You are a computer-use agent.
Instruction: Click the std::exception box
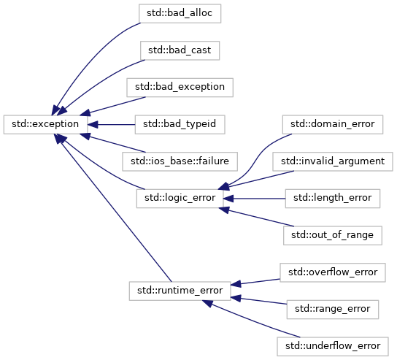click(x=45, y=124)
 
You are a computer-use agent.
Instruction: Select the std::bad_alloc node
click(x=180, y=13)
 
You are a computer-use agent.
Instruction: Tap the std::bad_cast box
click(x=180, y=50)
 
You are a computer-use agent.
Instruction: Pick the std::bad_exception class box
click(x=180, y=88)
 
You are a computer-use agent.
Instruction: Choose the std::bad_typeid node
click(x=180, y=124)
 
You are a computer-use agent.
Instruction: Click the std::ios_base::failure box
click(x=180, y=161)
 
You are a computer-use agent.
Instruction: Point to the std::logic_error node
click(x=180, y=199)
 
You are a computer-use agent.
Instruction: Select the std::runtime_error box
click(x=180, y=291)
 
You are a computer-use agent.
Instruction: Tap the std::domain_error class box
click(x=333, y=124)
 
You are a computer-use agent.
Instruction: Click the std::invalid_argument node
click(x=333, y=161)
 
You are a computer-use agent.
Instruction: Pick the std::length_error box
click(x=333, y=199)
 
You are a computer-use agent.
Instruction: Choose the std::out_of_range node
click(x=333, y=235)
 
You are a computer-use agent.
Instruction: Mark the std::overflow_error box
click(x=333, y=272)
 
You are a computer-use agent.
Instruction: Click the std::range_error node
click(x=333, y=310)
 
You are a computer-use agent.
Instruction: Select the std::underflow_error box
click(x=333, y=346)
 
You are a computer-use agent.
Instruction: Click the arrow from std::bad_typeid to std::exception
click(x=112, y=125)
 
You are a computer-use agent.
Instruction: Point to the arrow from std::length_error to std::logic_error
click(x=255, y=199)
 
